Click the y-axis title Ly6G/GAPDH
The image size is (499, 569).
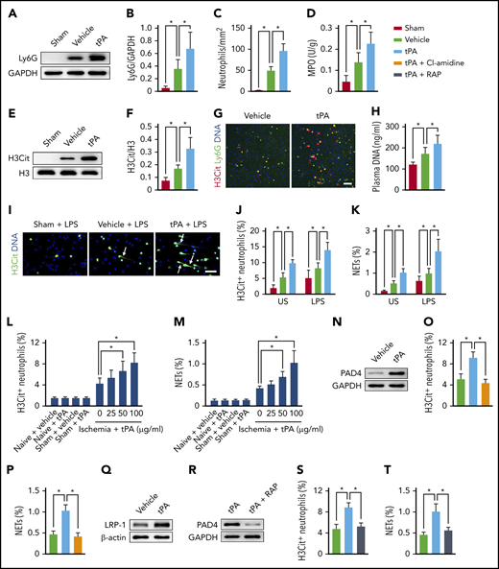click(x=138, y=54)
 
